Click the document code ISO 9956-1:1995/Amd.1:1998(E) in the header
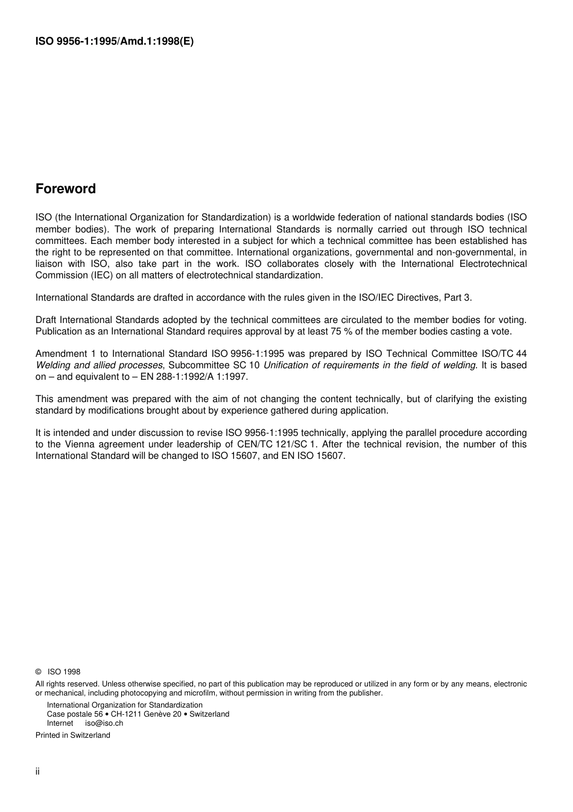tap(115, 42)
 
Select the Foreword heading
tap(66, 189)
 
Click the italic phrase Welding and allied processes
tap(99, 365)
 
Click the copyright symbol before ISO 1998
tap(39, 672)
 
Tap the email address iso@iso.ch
tap(104, 723)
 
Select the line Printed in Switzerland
tap(73, 735)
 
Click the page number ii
tap(37, 772)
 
